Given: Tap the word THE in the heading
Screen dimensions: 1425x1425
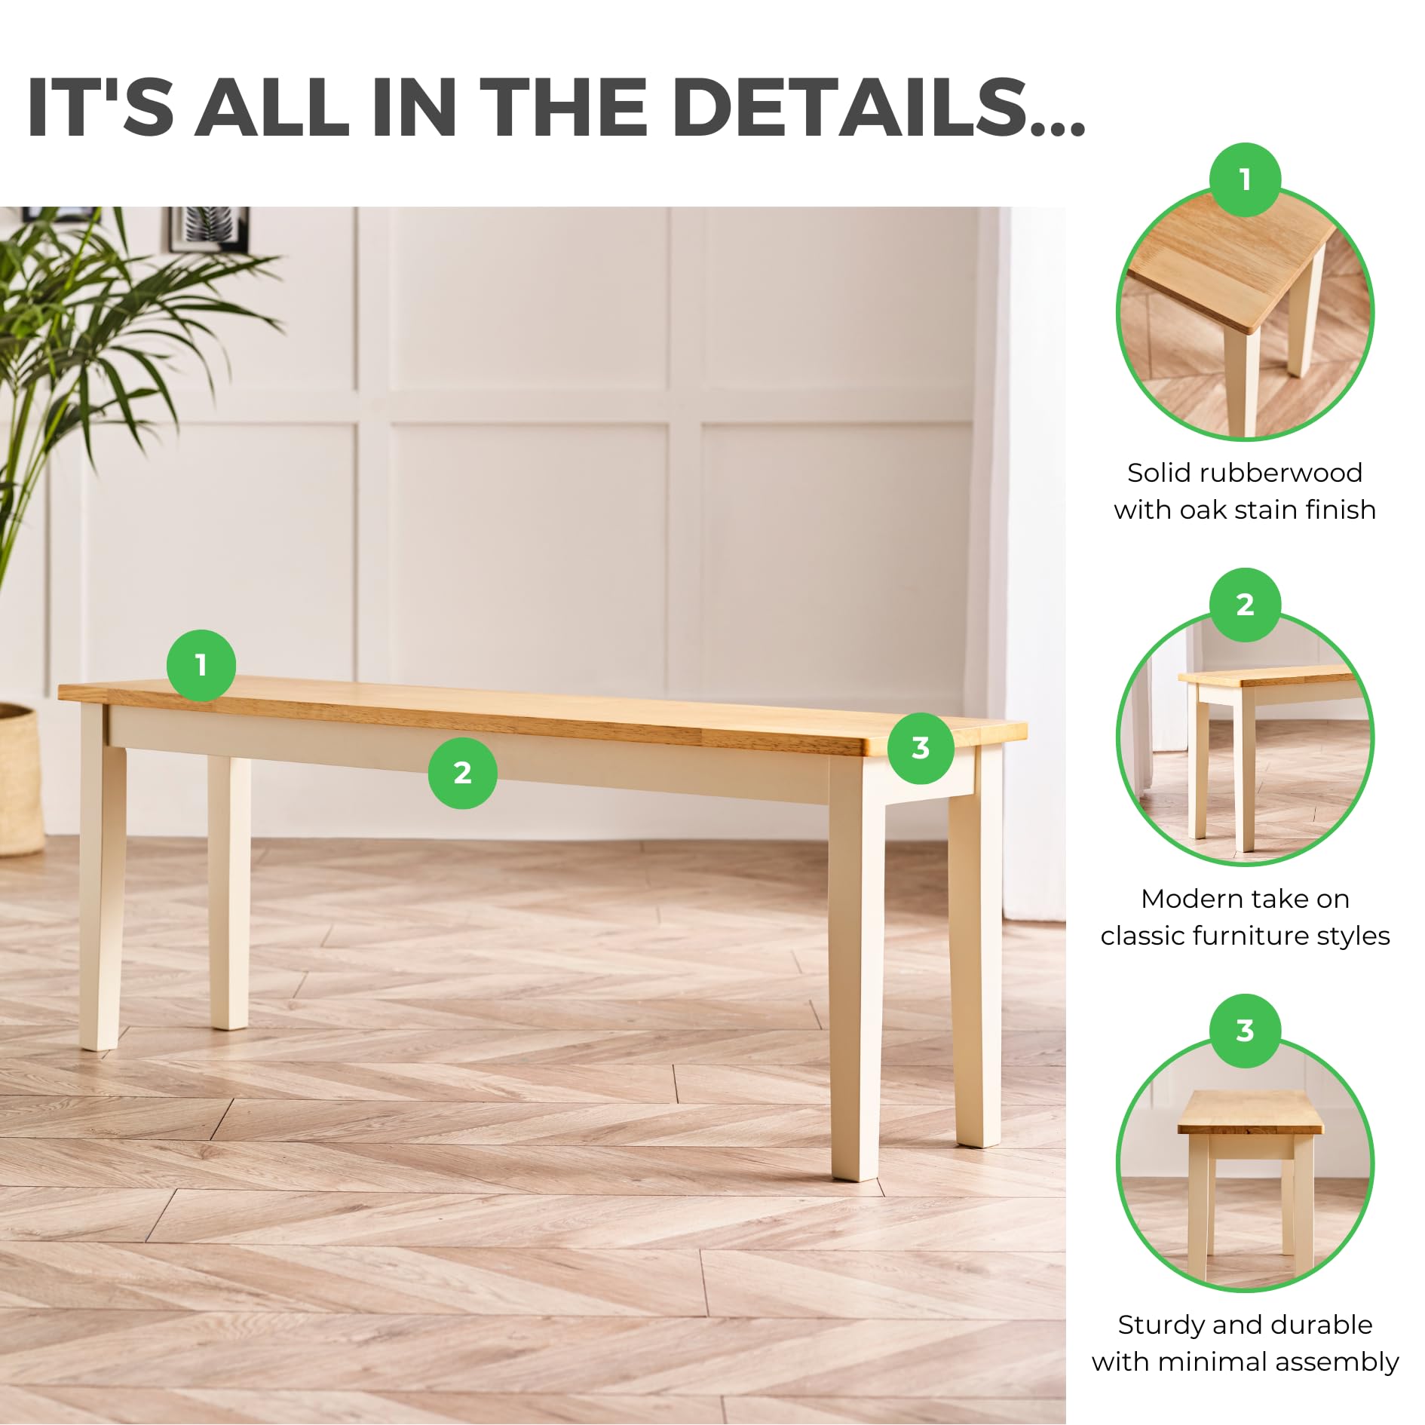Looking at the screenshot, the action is [x=563, y=107].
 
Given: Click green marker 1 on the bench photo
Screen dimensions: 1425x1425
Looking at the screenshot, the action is [x=201, y=665].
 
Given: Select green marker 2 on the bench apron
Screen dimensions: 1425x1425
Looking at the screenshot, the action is [x=462, y=773].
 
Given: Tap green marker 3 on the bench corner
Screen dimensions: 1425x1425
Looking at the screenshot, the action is [x=921, y=748].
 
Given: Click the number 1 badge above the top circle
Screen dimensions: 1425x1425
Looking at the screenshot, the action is [x=1245, y=179].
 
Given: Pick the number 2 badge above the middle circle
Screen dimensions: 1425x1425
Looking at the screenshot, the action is [x=1245, y=605].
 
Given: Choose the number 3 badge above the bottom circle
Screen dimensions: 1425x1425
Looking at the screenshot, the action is [x=1245, y=1031].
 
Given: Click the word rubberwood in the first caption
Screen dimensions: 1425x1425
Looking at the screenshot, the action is [x=1282, y=473].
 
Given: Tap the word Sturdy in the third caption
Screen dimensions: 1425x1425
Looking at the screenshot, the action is [x=1161, y=1325].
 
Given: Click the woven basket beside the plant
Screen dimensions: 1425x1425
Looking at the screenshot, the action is [x=20, y=780].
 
